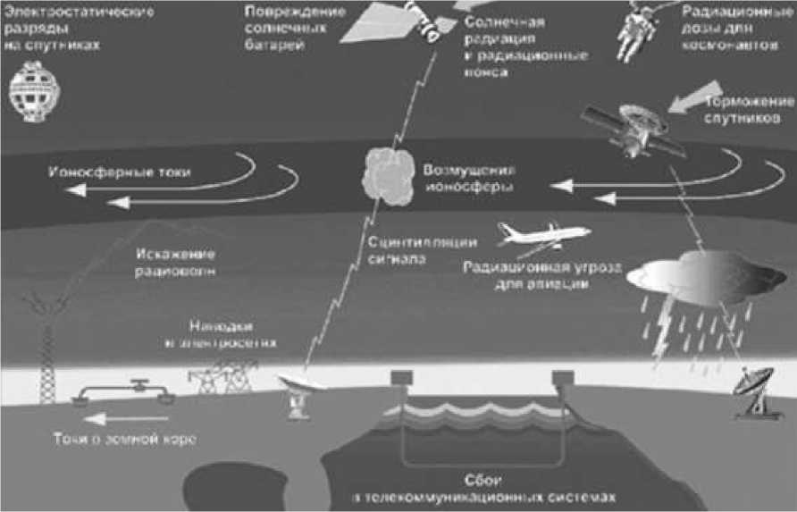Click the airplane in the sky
click(x=542, y=236)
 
